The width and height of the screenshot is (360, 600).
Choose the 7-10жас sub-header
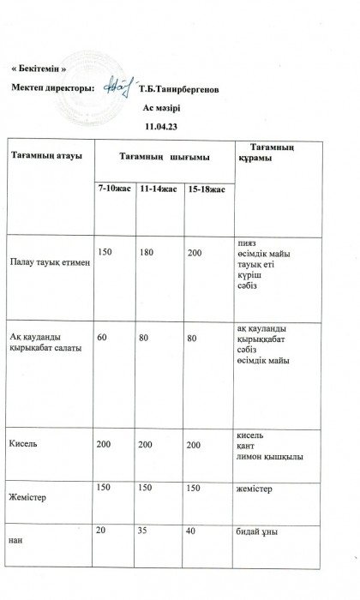coord(113,188)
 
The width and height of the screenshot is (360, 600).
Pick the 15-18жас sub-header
coord(206,188)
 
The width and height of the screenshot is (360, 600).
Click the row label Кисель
coord(23,445)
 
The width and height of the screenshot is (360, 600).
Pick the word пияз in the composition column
coord(245,243)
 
